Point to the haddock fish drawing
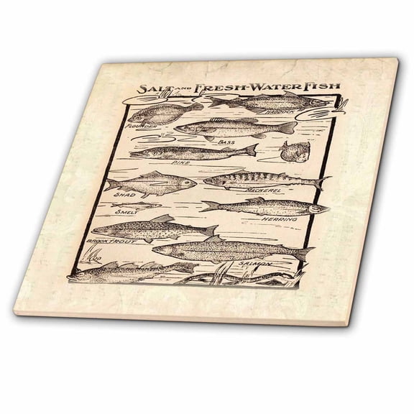tap(270, 103)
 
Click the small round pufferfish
tap(291, 151)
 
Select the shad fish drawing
tap(151, 184)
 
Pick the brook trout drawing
tap(155, 229)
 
